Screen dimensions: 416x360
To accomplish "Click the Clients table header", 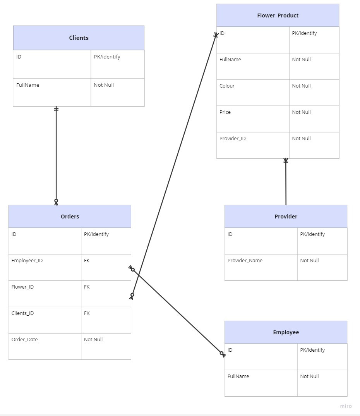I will click(x=79, y=38).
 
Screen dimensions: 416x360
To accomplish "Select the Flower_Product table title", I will click(x=278, y=15).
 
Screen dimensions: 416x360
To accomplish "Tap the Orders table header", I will click(x=70, y=217).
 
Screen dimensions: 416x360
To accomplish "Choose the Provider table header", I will click(x=286, y=217).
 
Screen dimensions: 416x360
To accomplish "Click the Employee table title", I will click(x=286, y=332).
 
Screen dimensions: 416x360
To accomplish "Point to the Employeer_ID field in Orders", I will click(x=27, y=261).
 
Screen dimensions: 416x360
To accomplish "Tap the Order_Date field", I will click(x=24, y=340).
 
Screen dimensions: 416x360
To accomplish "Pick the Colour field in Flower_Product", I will click(x=227, y=86).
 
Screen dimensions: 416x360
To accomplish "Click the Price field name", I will click(x=225, y=112).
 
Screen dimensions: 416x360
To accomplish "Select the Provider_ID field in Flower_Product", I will click(x=232, y=139).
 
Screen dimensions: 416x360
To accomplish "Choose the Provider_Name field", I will click(x=245, y=261).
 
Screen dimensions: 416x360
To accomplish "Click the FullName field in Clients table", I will click(x=27, y=85).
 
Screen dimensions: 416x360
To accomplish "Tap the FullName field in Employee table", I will click(x=238, y=376).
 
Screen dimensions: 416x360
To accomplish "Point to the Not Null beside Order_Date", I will click(x=93, y=340).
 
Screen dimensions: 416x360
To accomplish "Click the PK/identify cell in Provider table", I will click(x=312, y=234).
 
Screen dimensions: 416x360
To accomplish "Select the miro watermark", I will click(x=346, y=406).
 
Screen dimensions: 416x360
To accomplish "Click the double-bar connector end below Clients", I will click(x=56, y=109).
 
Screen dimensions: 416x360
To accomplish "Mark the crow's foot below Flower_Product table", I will click(x=286, y=161).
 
